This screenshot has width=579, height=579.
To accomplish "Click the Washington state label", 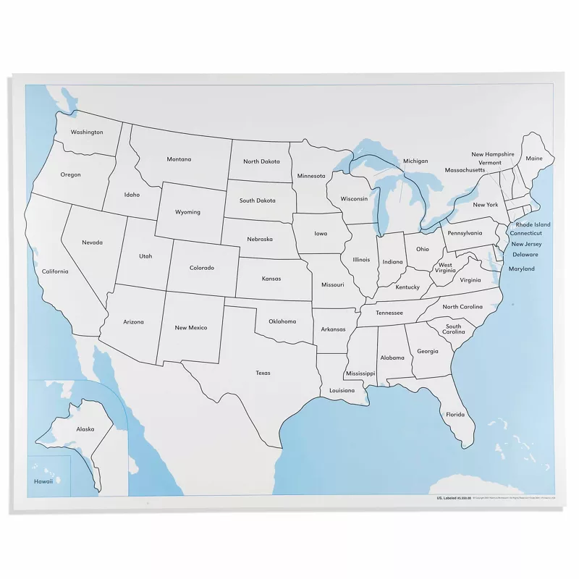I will [87, 132].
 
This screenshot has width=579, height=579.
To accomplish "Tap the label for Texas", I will [263, 373].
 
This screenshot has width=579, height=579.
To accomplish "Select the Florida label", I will [455, 415].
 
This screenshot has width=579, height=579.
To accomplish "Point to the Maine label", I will [534, 159].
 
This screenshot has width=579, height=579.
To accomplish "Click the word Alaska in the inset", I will [85, 429].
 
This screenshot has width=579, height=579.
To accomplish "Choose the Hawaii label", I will [43, 481].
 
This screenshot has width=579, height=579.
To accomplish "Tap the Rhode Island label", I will [533, 224].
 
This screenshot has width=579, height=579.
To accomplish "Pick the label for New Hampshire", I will [493, 154].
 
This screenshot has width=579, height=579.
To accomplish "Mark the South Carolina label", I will [453, 329].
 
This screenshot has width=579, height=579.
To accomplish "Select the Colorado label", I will [202, 268].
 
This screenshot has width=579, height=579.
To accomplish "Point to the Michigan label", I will [415, 161].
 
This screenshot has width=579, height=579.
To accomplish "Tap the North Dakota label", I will [261, 161].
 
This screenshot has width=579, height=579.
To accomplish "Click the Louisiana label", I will [342, 390].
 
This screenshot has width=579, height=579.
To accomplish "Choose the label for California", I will [55, 271].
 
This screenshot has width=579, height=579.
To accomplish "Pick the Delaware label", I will [525, 255].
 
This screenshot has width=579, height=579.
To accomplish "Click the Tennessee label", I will [389, 313].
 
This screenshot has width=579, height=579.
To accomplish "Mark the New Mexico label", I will [191, 328].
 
